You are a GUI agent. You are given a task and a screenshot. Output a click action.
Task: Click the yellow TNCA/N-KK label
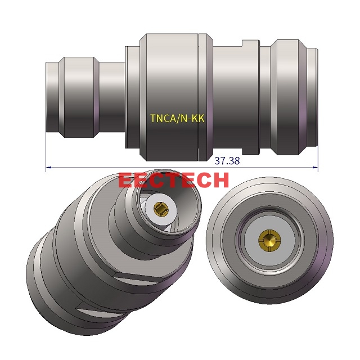(177, 119)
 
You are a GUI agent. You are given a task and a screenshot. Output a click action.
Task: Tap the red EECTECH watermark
(174, 180)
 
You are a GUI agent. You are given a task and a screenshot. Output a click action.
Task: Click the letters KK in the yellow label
(198, 119)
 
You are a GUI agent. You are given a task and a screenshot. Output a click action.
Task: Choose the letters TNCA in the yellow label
(163, 119)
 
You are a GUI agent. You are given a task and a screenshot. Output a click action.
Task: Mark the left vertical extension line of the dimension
(46, 152)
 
